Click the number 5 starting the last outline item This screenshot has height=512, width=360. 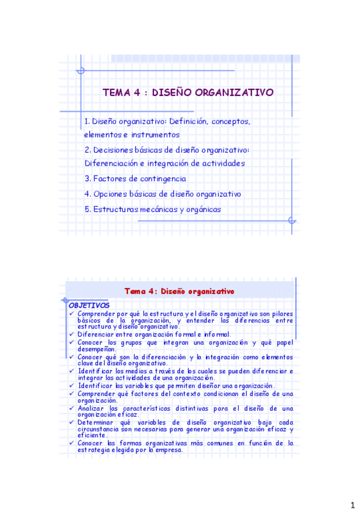click(88, 210)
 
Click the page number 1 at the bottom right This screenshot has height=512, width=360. click(352, 504)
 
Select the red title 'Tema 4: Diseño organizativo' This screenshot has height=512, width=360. click(179, 290)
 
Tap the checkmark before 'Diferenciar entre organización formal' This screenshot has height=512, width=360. click(72, 334)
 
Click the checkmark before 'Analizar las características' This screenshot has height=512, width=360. click(72, 408)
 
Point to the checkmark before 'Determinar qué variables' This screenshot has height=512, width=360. click(72, 423)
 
